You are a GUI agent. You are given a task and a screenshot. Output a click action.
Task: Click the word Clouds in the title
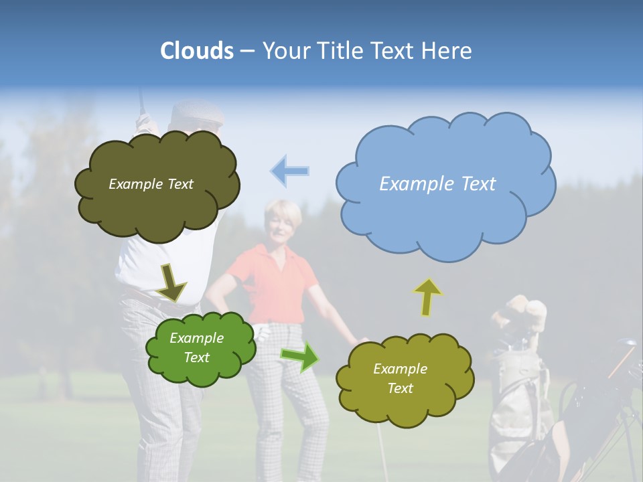197,51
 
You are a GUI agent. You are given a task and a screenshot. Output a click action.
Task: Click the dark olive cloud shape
157,214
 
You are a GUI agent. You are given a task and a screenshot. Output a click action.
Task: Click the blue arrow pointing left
290,171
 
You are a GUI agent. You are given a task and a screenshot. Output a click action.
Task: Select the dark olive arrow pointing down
171,282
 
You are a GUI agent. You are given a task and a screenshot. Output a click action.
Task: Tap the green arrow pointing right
299,357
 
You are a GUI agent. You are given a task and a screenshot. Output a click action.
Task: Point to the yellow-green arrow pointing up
427,297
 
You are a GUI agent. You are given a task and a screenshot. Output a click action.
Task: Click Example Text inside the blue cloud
437,184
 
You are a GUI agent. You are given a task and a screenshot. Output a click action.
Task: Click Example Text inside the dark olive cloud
151,184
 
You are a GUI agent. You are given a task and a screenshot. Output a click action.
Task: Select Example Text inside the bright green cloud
197,347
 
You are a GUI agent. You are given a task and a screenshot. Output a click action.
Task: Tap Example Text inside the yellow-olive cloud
400,378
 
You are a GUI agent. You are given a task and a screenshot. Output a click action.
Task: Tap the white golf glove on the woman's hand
263,331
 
